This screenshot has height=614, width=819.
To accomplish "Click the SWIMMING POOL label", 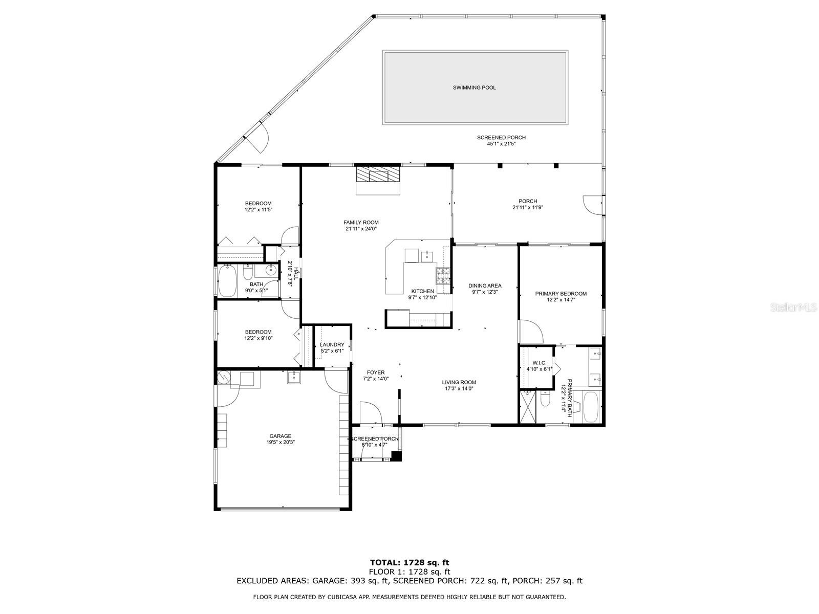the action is point(474,87).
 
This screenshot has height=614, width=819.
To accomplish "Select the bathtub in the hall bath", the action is point(227,281).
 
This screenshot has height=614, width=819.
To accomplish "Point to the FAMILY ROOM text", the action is point(361,223).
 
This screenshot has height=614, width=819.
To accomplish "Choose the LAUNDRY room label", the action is point(332,345).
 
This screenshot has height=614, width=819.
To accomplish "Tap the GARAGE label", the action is point(280,436).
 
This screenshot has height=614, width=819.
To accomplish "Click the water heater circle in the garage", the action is point(224,378).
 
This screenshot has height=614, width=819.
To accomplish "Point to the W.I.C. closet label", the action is point(539,363).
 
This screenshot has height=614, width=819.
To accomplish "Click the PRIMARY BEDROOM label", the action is point(561,294).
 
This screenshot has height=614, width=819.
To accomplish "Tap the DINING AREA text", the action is point(485,286).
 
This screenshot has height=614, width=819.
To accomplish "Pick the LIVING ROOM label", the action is point(459,382).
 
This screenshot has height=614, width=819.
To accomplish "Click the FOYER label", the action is point(375,372).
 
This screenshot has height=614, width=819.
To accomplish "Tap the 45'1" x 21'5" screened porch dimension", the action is point(501,144).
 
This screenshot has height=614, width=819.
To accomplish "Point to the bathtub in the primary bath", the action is point(590,407).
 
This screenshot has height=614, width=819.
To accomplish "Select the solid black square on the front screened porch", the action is point(396,456).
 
